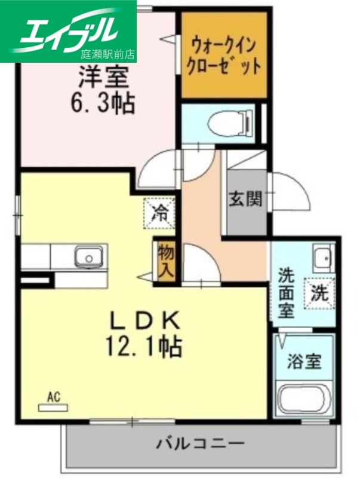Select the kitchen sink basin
88,258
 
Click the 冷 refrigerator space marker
159,212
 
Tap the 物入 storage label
166,261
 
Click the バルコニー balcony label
201,444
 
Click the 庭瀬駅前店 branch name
108,54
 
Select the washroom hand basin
322,258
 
